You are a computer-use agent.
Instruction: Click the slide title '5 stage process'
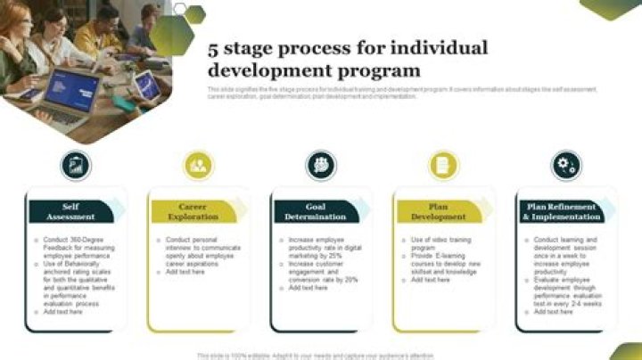pos(348,59)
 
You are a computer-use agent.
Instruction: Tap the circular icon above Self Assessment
pos(76,165)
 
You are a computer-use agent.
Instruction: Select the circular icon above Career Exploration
pos(198,165)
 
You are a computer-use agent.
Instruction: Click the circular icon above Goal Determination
pos(321,165)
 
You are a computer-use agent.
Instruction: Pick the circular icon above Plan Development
pos(443,165)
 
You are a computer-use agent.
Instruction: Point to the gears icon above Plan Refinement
pos(565,165)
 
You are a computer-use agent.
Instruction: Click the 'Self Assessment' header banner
pos(70,211)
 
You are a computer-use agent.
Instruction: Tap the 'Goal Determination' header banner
pos(316,211)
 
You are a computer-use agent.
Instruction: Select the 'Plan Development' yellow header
pos(438,211)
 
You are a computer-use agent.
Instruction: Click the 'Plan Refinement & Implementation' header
pos(561,211)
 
